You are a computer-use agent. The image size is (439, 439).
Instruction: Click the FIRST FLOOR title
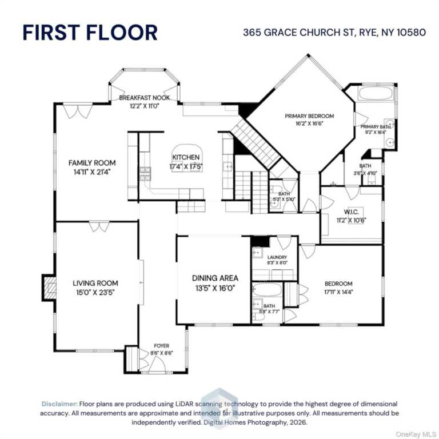(x=90, y=32)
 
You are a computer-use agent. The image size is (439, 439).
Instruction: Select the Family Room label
(x=92, y=162)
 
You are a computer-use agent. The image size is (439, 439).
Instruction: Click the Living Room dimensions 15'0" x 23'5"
(x=95, y=293)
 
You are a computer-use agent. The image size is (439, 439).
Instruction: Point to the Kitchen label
(x=186, y=157)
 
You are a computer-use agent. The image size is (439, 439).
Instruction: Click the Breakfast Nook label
(x=145, y=98)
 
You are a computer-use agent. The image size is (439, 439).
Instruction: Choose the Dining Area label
(x=214, y=278)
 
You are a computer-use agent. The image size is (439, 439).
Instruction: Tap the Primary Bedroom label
(x=309, y=115)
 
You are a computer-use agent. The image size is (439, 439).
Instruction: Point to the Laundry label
(x=277, y=257)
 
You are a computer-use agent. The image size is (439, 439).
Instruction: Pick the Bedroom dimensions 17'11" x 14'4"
(x=338, y=292)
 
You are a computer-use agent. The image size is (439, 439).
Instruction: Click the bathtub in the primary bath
(x=376, y=93)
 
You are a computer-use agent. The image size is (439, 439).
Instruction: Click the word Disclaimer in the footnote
(x=59, y=404)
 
